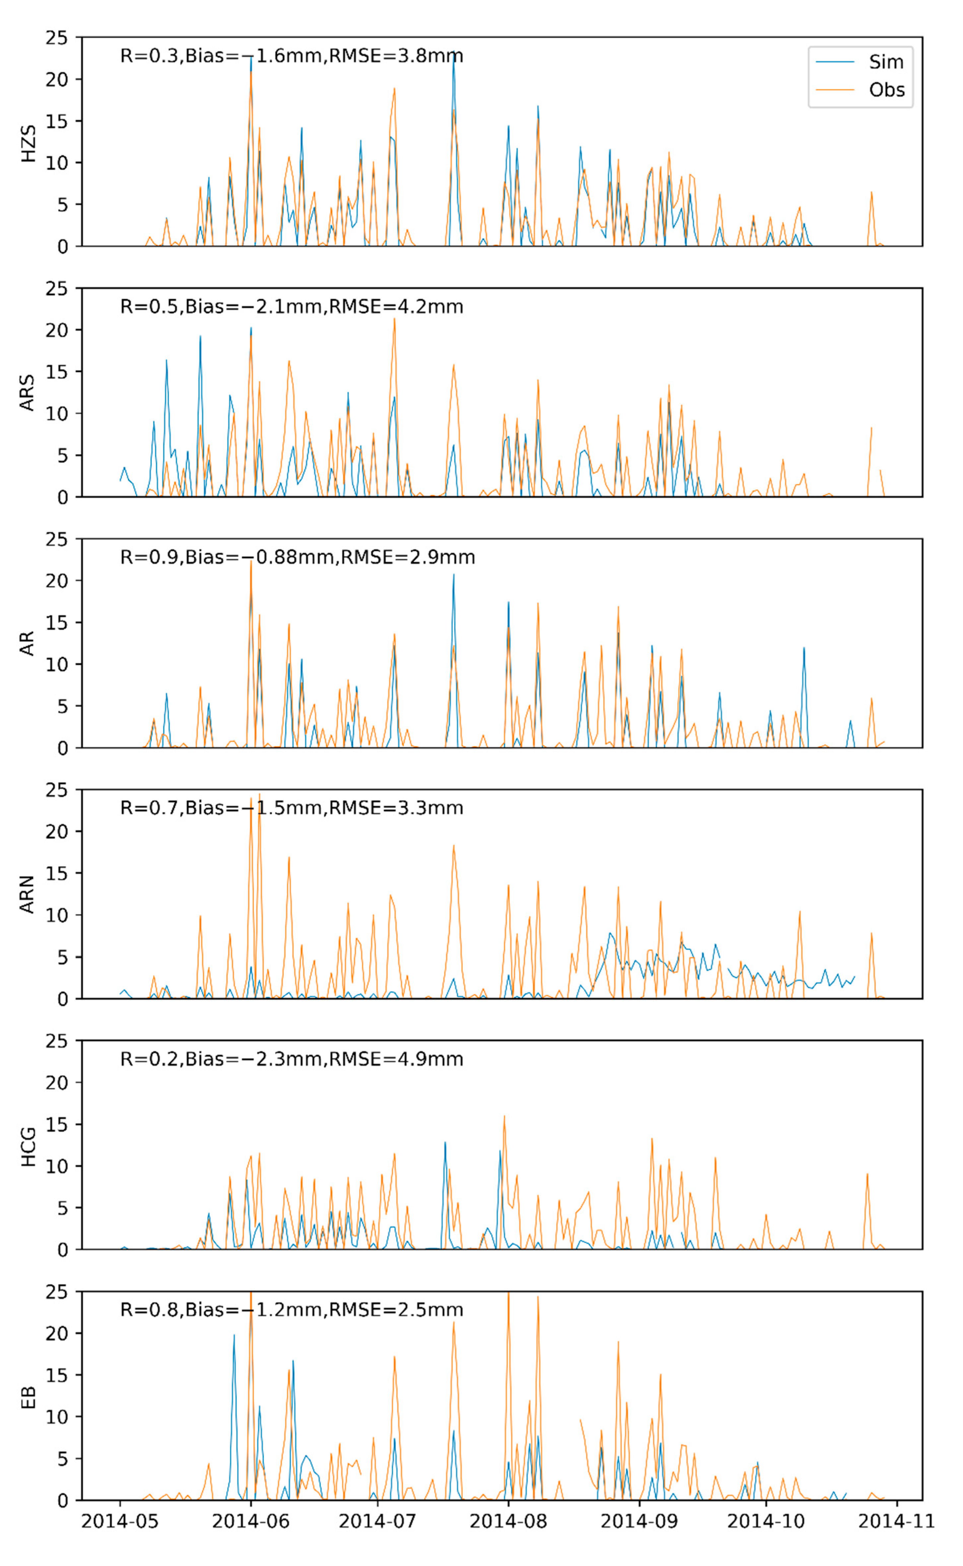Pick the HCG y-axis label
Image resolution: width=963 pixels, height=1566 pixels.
click(28, 1146)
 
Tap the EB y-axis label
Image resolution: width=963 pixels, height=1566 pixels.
click(28, 1397)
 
